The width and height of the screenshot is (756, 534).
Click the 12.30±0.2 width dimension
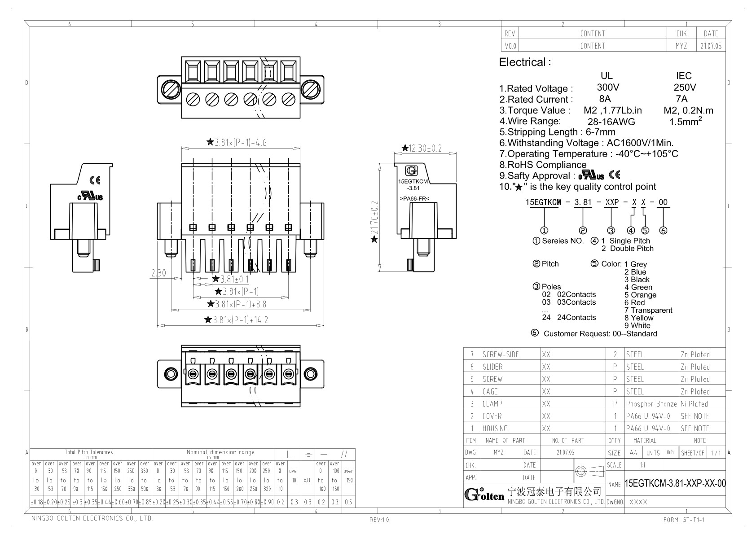tap(425, 148)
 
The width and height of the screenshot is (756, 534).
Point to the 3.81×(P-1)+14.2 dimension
tap(240, 320)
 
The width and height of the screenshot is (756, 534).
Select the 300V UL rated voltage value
tap(608, 88)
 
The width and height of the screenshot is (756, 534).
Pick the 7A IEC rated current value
tap(681, 99)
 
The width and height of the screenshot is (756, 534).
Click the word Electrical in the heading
tap(523, 62)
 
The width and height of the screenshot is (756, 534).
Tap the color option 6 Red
tap(634, 302)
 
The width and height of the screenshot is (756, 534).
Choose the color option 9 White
tap(637, 325)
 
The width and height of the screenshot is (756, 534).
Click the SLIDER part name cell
tap(492, 367)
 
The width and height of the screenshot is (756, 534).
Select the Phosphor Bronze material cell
tap(651, 404)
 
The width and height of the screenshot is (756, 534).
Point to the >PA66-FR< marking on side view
tap(414, 198)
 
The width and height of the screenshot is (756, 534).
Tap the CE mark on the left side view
tap(95, 180)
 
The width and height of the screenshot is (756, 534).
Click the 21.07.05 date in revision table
tap(711, 46)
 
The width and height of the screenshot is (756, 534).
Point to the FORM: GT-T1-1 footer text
tap(684, 520)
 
